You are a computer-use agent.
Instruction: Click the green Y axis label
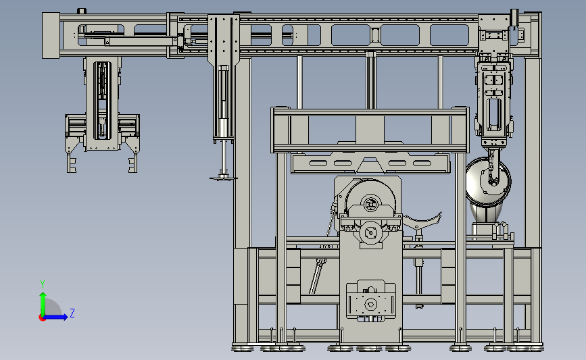point(43,284)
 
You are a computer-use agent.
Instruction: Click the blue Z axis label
point(72,313)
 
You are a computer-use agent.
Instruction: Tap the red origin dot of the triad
point(42,317)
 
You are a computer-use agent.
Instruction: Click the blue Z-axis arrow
point(56,317)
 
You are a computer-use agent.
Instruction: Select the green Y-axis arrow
point(43,304)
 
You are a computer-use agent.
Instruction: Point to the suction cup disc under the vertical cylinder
point(224,178)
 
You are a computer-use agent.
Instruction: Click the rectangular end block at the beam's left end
point(51,36)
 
